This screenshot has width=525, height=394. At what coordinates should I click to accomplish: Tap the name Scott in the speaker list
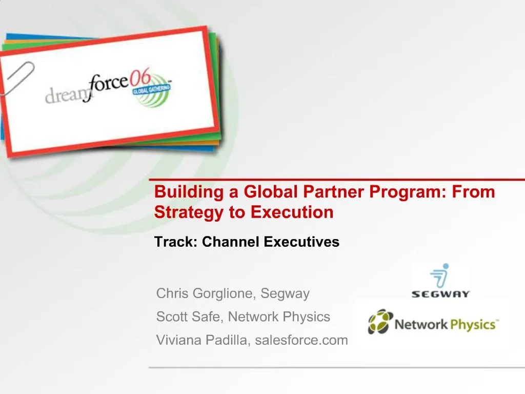click(x=172, y=317)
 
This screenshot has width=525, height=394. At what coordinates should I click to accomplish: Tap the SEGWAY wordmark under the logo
click(x=440, y=294)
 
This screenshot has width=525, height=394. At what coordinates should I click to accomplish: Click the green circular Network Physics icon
click(x=380, y=322)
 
